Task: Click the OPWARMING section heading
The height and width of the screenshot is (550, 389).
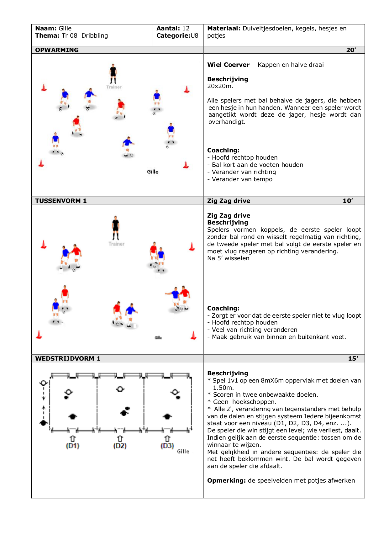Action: coord(57,50)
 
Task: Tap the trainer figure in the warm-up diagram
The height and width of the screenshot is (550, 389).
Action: coord(113,74)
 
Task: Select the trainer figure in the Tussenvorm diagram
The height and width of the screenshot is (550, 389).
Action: coord(116,228)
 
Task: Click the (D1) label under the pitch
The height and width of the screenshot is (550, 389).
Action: coord(72,446)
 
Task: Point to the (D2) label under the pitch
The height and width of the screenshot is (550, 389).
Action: coord(120,446)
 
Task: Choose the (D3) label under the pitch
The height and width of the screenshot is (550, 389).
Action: coord(167,446)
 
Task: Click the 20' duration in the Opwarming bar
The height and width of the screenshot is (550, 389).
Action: coord(351,50)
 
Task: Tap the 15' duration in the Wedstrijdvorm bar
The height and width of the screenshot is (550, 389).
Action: coord(353,358)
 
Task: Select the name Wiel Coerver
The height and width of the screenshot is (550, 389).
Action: coord(228,65)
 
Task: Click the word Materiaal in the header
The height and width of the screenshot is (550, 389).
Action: coord(223,28)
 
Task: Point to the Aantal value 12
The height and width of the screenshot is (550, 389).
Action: coord(186,28)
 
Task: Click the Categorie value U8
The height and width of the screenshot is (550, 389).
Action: coord(194,35)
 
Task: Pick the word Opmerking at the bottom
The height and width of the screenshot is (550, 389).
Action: coord(226,480)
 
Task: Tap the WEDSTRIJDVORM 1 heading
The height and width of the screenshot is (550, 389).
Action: coord(68,358)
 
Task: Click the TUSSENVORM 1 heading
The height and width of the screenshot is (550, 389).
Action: coord(61,201)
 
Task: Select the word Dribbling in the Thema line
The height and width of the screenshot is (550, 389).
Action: coord(95,35)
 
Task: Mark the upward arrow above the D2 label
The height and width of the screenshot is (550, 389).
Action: coord(120,438)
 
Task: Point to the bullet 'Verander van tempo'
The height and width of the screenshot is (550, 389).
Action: coord(242,179)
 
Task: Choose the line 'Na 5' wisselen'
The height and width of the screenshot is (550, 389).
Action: coord(228,258)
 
